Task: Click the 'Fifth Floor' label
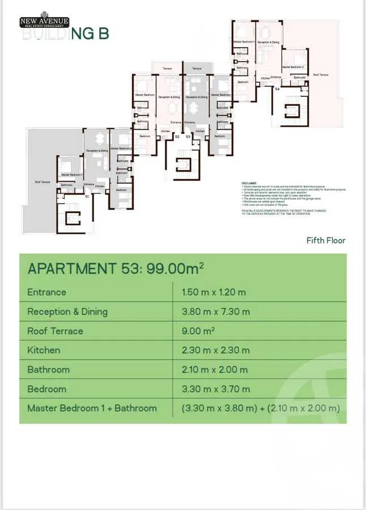tap(326, 240)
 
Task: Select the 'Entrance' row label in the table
tap(46, 292)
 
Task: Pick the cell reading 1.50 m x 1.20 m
tap(214, 292)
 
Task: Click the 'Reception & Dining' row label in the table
tap(67, 312)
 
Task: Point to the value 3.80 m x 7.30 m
tap(215, 312)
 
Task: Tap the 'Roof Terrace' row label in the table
tap(55, 331)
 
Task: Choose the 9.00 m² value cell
tap(198, 331)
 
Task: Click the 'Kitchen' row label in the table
tap(44, 350)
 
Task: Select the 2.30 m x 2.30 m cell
tap(215, 350)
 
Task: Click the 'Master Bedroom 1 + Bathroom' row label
tap(92, 408)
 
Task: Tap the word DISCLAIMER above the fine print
tap(249, 183)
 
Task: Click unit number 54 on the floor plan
tap(277, 89)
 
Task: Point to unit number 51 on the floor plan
tap(87, 196)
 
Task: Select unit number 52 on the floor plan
tap(177, 137)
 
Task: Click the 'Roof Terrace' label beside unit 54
tap(321, 75)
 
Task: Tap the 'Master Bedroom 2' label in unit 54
tap(294, 67)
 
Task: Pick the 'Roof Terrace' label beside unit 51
tap(42, 182)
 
